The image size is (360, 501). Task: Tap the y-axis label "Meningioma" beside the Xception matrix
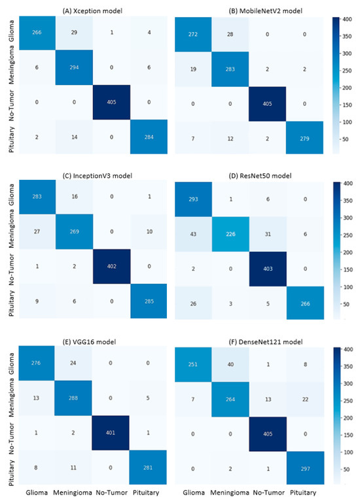click(10, 70)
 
